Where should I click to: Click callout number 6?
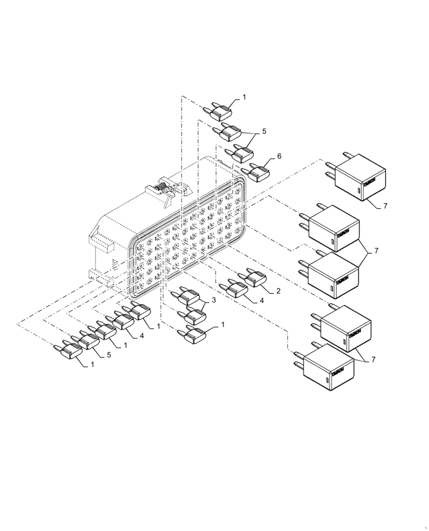click(279, 156)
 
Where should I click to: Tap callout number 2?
click(278, 291)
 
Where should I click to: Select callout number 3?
click(213, 301)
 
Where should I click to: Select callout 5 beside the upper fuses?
click(264, 131)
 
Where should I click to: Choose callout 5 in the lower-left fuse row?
click(108, 355)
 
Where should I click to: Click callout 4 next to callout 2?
click(262, 300)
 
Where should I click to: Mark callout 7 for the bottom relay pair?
click(374, 359)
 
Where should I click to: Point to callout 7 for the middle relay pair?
click(376, 250)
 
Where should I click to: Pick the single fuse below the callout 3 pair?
click(193, 335)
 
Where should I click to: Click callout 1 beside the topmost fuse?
click(244, 97)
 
